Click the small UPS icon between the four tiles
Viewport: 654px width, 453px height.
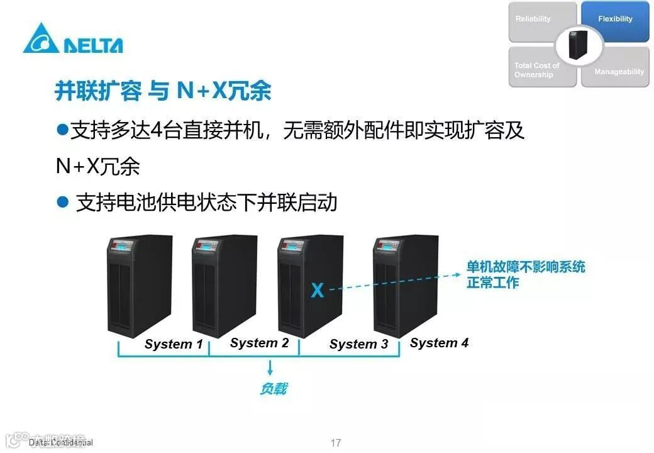578,45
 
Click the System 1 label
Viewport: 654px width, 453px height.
174,344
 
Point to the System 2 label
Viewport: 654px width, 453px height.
259,343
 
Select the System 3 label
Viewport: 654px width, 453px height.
358,344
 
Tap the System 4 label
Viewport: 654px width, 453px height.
439,343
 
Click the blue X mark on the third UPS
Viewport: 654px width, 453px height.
318,290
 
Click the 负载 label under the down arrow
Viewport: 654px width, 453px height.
273,389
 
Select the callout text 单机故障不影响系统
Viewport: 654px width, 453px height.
526,267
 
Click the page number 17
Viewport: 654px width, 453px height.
335,443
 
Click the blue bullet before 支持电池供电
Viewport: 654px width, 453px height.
62,202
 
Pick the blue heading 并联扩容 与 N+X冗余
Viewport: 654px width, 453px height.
163,91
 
